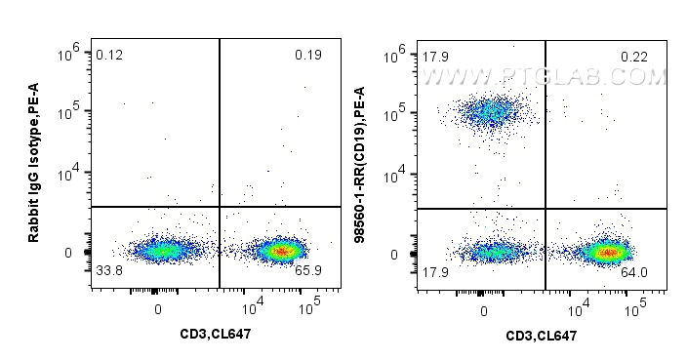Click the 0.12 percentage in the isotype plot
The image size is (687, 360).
pos(108,55)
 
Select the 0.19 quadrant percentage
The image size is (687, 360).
pos(307,55)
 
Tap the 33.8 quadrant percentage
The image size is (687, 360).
pos(108,270)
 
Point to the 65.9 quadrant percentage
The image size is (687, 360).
pos(308,270)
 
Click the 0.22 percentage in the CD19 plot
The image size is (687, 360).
pos(633,57)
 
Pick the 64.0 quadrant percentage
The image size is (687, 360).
pos(634,272)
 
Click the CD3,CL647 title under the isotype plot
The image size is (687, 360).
pos(215,335)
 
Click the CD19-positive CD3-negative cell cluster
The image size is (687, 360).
pos(493,112)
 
